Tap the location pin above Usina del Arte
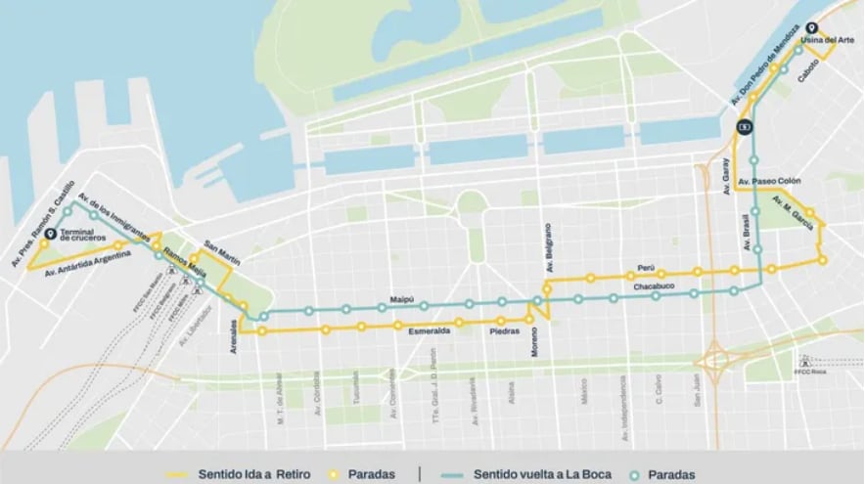pyautogui.click(x=811, y=28)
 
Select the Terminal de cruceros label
pyautogui.click(x=82, y=236)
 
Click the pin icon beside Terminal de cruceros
pyautogui.click(x=50, y=233)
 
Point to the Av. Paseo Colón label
pyautogui.click(x=770, y=182)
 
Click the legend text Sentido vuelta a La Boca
pyautogui.click(x=543, y=474)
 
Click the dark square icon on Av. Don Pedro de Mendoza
pyautogui.click(x=745, y=125)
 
